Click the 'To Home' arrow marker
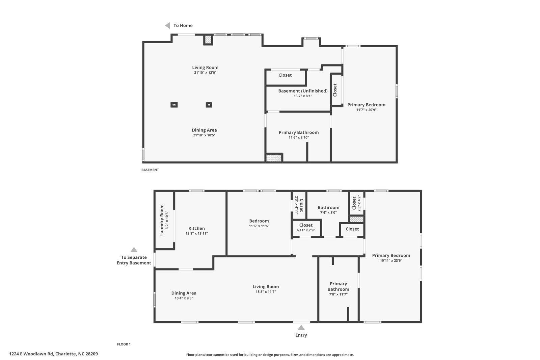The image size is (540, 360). click(x=167, y=25)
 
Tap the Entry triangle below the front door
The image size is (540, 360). click(x=301, y=328)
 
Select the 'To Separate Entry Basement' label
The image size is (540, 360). click(x=134, y=260)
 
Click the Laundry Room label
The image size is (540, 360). click(x=162, y=220)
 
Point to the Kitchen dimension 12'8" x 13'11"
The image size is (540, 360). click(x=196, y=233)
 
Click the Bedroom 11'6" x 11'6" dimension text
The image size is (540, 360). click(x=259, y=226)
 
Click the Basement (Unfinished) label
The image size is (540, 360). click(x=303, y=91)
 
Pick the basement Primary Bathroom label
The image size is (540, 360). click(x=298, y=132)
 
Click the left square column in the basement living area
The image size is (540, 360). click(x=174, y=105)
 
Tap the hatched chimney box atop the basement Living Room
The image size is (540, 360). click(x=208, y=40)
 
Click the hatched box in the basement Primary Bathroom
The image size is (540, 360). click(x=273, y=158)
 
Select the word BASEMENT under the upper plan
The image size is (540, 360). click(x=150, y=170)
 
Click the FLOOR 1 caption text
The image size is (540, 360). click(x=124, y=344)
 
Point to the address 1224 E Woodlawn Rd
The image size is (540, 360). click(x=53, y=354)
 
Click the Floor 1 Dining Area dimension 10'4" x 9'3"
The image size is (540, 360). click(x=184, y=298)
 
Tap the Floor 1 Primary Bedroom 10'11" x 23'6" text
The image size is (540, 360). click(x=391, y=260)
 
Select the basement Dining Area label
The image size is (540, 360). click(x=204, y=130)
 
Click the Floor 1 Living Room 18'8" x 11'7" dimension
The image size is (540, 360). click(x=266, y=292)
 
